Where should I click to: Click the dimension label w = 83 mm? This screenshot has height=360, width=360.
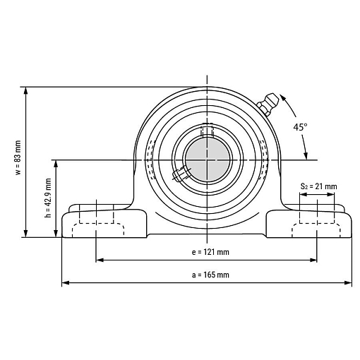point(18,157)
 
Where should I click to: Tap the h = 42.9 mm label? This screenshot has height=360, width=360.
point(48,198)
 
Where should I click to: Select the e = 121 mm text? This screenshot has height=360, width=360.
point(210,252)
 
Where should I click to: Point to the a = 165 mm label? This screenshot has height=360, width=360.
point(210,275)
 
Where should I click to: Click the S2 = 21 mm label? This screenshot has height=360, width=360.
point(318,186)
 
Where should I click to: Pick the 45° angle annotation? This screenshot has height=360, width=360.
point(300,127)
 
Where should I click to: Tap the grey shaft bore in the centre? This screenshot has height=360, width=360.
point(208,160)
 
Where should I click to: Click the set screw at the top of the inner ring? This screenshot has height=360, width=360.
point(207,130)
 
